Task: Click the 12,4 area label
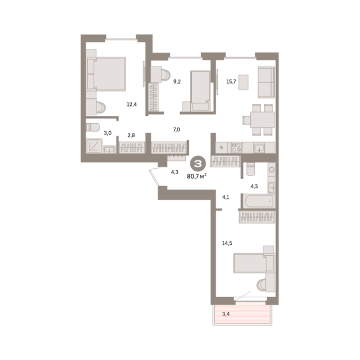[132, 105]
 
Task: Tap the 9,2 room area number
[177, 82]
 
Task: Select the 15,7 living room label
[231, 82]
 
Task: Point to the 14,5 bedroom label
[227, 243]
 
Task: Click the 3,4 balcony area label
[226, 314]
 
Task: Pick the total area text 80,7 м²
[197, 176]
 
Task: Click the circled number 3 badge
[198, 164]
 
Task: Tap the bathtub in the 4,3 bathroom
[259, 201]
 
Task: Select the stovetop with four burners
[236, 148]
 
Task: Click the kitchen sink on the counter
[259, 147]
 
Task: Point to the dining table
[262, 120]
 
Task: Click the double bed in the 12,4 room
[106, 74]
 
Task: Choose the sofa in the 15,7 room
[266, 82]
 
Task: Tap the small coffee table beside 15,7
[243, 82]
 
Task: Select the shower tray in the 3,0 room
[94, 146]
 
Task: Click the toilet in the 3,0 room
[93, 127]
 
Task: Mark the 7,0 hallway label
[177, 130]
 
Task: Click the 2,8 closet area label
[131, 135]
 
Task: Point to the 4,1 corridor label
[225, 197]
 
